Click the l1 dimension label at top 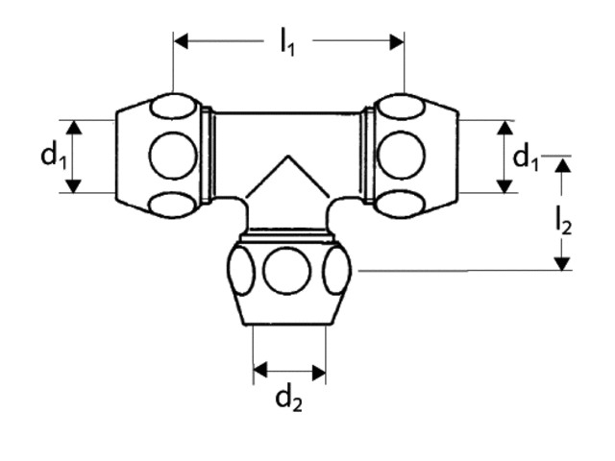(287, 42)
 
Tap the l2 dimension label (564, 222)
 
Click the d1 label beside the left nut (54, 156)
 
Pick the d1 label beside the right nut (526, 157)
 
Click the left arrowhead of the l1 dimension (181, 41)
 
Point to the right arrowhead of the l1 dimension (397, 42)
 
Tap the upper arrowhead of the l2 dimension (563, 165)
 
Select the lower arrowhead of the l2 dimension (563, 263)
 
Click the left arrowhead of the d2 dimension (260, 370)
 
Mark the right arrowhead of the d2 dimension (319, 372)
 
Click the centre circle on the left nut (173, 156)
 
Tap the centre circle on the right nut (401, 156)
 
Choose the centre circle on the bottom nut (287, 271)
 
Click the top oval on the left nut (173, 107)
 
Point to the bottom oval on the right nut (400, 205)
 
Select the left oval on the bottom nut (241, 271)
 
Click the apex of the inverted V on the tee (288, 156)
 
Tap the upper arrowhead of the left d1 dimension (73, 128)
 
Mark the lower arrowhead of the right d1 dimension (504, 186)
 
